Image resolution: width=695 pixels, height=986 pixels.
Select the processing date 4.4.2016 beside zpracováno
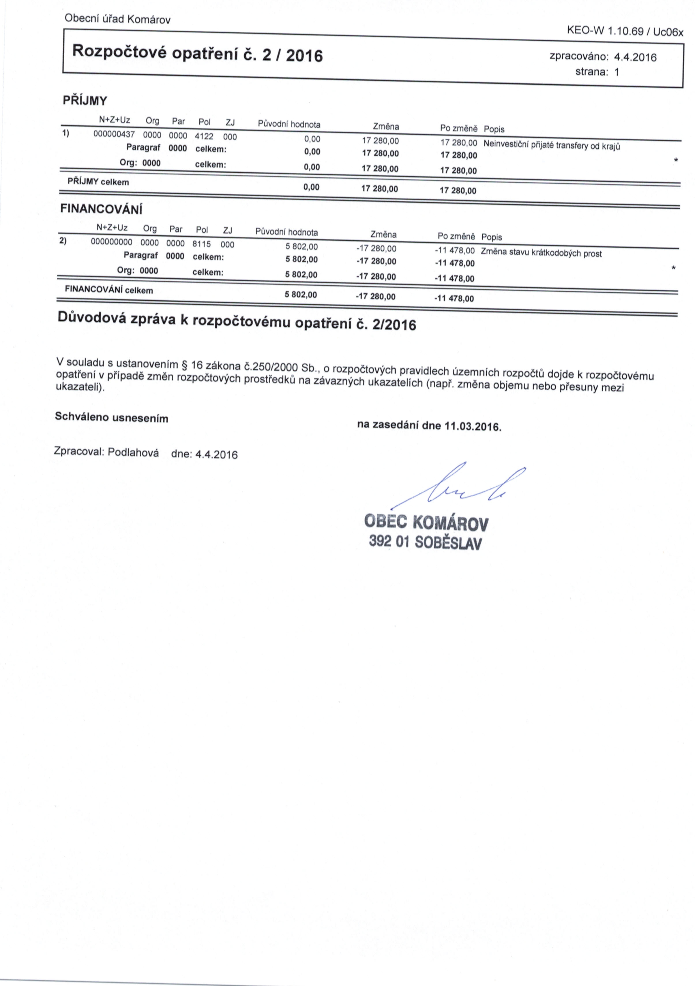[636, 57]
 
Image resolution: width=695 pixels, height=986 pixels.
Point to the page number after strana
[617, 72]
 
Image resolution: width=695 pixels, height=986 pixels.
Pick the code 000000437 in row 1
[114, 134]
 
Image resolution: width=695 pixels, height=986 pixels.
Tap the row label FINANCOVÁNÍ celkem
[109, 290]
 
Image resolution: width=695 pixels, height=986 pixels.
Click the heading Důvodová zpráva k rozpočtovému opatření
[236, 322]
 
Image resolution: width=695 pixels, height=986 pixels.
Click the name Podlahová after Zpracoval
[133, 453]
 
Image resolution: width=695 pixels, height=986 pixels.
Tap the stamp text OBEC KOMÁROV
[426, 522]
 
